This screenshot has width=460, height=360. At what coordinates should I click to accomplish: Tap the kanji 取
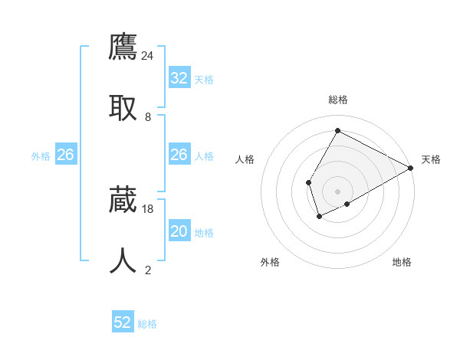pos(123,106)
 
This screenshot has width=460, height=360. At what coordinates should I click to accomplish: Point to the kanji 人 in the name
pos(123,260)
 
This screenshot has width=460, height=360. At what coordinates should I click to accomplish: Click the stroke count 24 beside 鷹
pos(148,55)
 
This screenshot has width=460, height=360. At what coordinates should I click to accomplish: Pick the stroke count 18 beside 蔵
pos(148,208)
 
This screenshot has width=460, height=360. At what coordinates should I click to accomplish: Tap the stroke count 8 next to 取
pos(148,117)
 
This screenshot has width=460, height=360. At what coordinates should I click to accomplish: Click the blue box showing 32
pos(179,78)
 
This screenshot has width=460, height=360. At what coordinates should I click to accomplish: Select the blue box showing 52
pos(123,322)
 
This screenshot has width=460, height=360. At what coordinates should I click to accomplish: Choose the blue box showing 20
pos(179,231)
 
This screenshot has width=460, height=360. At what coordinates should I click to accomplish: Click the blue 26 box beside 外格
pos(65,155)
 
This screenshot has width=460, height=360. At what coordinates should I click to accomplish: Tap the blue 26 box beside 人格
pos(179,155)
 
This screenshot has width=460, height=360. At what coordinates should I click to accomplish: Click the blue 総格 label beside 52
pos(147,324)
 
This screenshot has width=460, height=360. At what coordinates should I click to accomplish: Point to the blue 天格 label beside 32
pos(203,80)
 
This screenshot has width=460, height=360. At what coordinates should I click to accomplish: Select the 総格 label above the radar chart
pos(338,100)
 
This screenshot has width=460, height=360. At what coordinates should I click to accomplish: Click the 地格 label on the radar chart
pos(402,263)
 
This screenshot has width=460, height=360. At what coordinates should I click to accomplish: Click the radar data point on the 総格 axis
pos(337,130)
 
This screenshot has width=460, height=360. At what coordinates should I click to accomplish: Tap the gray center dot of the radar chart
pos(337,191)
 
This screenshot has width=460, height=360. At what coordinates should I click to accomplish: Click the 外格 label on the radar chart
pos(270,263)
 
